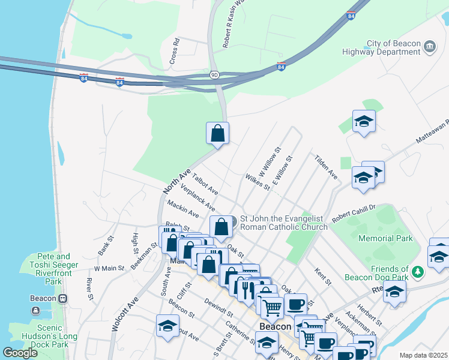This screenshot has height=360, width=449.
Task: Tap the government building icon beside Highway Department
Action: (x=429, y=46)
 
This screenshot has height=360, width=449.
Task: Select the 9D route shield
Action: (x=214, y=75)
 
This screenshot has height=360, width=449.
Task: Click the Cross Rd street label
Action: (x=175, y=52)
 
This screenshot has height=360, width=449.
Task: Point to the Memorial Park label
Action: (x=385, y=238)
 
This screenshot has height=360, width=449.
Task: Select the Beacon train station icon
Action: (x=62, y=298)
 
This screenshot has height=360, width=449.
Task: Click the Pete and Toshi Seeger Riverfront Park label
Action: (x=53, y=269)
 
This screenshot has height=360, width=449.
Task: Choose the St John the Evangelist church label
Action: (x=283, y=223)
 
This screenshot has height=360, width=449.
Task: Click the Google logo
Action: (x=20, y=353)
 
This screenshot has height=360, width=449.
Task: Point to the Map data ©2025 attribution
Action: (x=423, y=355)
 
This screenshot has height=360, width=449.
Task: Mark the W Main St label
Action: (x=108, y=268)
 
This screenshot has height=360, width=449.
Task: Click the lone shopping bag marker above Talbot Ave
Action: (x=217, y=134)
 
